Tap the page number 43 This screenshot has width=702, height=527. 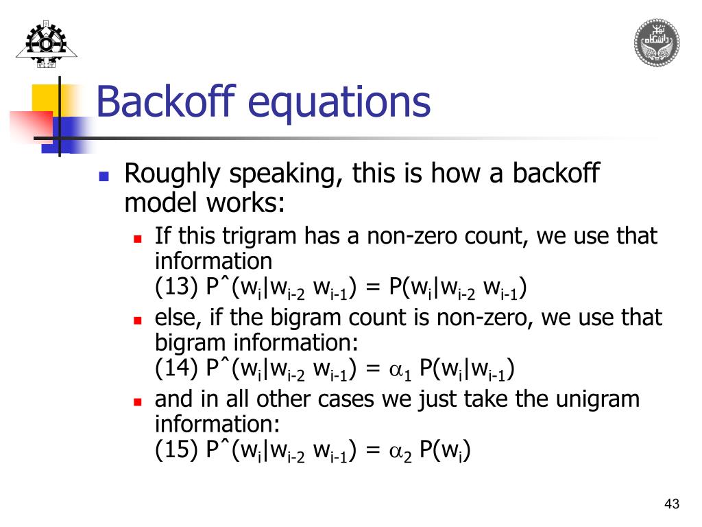(x=672, y=505)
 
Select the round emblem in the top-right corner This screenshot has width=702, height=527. (x=656, y=43)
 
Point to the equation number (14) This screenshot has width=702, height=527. (x=177, y=369)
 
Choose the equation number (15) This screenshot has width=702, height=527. (x=177, y=450)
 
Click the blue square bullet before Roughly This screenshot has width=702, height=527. (x=104, y=176)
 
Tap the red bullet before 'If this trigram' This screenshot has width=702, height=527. (x=137, y=239)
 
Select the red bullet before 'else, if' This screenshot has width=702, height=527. (x=137, y=320)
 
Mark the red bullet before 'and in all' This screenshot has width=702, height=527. (x=137, y=401)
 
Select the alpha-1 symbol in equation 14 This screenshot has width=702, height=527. (x=400, y=371)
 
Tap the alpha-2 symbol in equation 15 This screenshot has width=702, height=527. (x=400, y=452)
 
